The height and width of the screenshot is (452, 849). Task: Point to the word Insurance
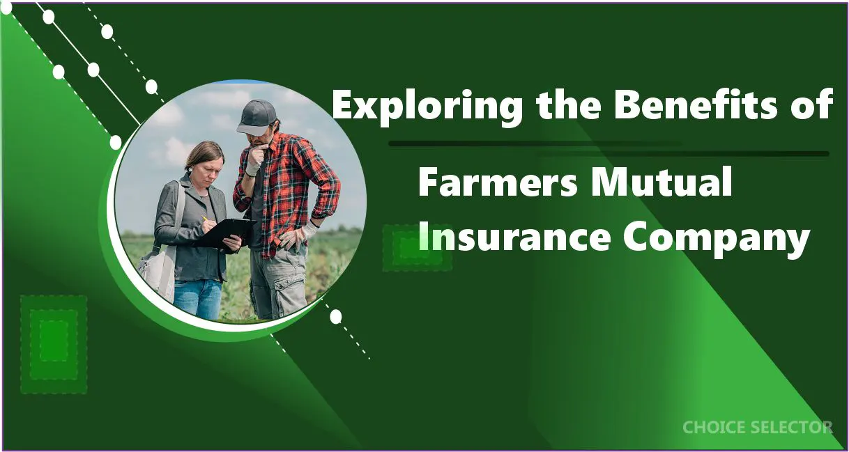tap(514, 239)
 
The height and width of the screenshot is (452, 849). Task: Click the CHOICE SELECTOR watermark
tap(757, 427)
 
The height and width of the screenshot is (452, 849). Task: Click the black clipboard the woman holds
tap(224, 231)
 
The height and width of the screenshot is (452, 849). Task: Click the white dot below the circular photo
tap(335, 317)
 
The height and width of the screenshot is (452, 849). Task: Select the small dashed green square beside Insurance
tap(417, 248)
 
